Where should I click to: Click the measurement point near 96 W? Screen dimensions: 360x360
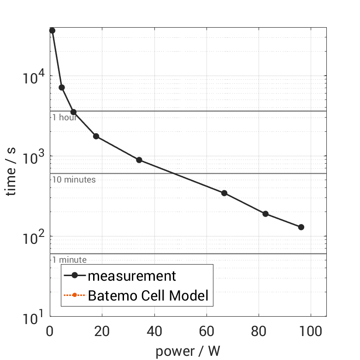tap(301, 227)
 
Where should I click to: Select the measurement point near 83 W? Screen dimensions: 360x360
tap(266, 214)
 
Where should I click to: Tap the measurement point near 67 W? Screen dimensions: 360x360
tap(224, 193)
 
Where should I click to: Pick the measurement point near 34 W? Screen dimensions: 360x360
tap(139, 160)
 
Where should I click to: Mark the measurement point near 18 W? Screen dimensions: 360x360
tap(96, 136)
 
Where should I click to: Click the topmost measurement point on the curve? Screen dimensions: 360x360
tap(52, 30)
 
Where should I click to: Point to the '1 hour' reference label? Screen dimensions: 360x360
tap(64, 117)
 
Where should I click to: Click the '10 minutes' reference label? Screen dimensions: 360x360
tap(74, 180)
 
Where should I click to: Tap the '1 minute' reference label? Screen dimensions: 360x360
tap(69, 260)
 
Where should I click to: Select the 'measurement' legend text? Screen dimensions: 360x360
tap(132, 276)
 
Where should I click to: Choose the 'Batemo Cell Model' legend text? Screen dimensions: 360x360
tap(148, 295)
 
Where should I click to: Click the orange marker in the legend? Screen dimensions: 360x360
tap(74, 295)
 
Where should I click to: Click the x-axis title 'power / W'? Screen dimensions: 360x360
tap(188, 351)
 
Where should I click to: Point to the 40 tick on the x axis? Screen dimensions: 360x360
tap(154, 332)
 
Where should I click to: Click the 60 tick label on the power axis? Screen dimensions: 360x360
tap(207, 332)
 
